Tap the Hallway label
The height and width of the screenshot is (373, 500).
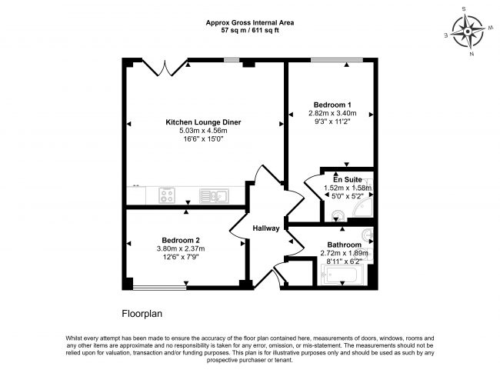coord(266,228)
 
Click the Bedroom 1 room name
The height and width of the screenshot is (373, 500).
coord(332,105)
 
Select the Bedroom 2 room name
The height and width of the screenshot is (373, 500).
coord(181,239)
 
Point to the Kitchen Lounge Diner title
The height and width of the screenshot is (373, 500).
coord(202,122)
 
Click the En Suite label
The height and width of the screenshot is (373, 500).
coord(347,179)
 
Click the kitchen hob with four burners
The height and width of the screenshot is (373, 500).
coord(168,196)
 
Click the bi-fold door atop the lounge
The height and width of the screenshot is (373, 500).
coord(164,68)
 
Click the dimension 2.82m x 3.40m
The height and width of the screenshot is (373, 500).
coord(332,114)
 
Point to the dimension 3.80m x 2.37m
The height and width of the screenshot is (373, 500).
coord(181,248)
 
